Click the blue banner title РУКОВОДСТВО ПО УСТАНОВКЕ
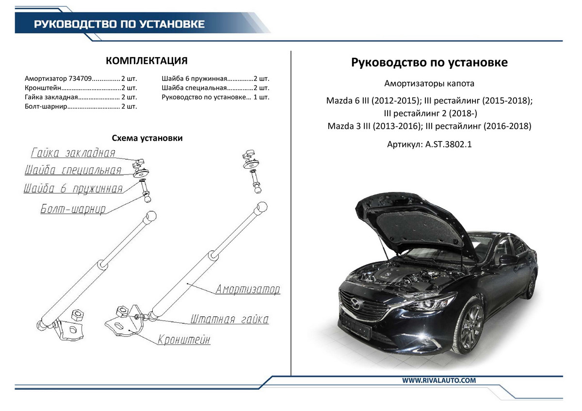pyautogui.click(x=119, y=24)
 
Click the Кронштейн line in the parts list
pyautogui.click(x=81, y=88)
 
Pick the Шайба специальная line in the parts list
pyautogui.click(x=215, y=88)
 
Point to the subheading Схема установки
pyautogui.click(x=147, y=138)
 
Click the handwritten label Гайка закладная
pyautogui.click(x=73, y=153)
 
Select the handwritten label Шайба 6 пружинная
pyautogui.click(x=73, y=189)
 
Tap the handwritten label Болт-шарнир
pyautogui.click(x=73, y=209)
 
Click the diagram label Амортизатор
pyautogui.click(x=248, y=290)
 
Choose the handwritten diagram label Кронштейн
pyautogui.click(x=184, y=340)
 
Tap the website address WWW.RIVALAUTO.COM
pyautogui.click(x=439, y=380)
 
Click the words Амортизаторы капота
pyautogui.click(x=429, y=83)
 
